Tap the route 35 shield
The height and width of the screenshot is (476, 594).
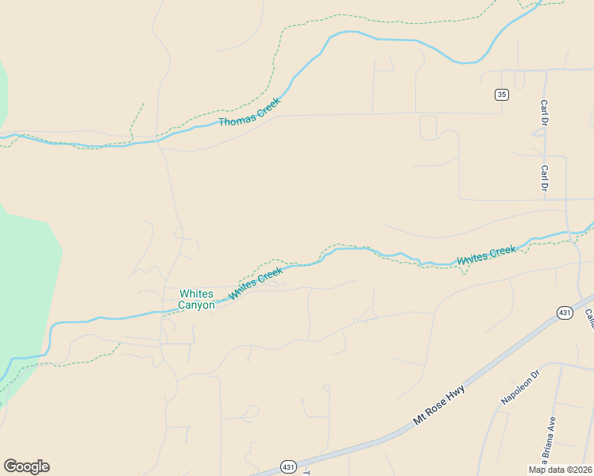tap(501, 94)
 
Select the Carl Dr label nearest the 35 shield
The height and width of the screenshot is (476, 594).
tap(544, 113)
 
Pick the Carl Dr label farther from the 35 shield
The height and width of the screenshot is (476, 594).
tap(544, 178)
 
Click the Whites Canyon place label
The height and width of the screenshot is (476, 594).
tap(196, 299)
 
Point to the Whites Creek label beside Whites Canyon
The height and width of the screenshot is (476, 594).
tap(256, 283)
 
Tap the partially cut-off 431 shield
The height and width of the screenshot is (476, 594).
tap(289, 470)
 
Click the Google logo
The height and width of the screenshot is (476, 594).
tap(26, 466)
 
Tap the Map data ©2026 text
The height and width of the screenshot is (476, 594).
tap(559, 470)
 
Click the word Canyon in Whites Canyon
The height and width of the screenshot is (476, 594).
tap(196, 305)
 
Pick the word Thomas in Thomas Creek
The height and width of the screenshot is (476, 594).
tap(234, 121)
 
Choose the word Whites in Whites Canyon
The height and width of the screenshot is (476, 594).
tap(196, 294)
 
